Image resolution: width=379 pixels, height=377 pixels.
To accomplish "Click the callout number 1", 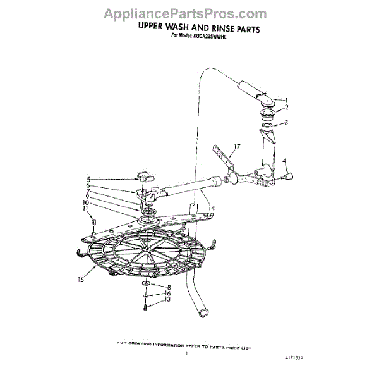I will (286, 100).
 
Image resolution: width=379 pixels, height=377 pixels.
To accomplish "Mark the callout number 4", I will (285, 160).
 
